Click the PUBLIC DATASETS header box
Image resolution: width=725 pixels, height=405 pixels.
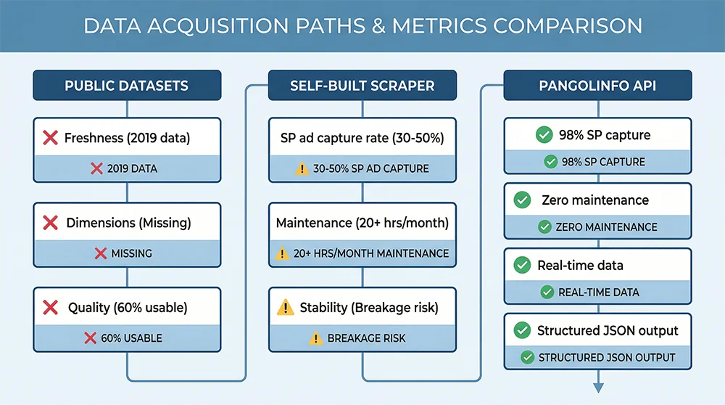pos(127,85)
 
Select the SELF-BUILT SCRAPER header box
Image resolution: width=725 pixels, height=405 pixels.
pos(362,85)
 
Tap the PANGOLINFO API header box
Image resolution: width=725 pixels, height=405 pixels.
pos(598,85)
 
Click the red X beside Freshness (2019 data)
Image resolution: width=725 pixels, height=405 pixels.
pos(50,138)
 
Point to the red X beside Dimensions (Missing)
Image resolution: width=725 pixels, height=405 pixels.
pos(51,223)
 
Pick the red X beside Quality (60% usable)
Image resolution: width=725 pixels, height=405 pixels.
pos(51,308)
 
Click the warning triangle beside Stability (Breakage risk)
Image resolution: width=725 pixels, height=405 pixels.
pos(286,308)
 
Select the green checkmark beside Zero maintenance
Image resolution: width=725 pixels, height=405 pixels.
pos(521,200)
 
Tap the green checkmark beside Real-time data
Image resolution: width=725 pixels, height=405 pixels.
pos(521,266)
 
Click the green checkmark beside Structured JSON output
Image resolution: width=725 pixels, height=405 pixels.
pos(521,331)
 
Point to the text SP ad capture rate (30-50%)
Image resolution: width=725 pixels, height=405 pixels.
pos(362,138)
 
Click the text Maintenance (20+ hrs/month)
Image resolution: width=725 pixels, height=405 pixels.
pos(362,223)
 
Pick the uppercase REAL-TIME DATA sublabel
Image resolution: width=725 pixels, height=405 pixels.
pos(599,292)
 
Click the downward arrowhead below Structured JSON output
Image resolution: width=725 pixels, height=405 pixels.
pos(598,387)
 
